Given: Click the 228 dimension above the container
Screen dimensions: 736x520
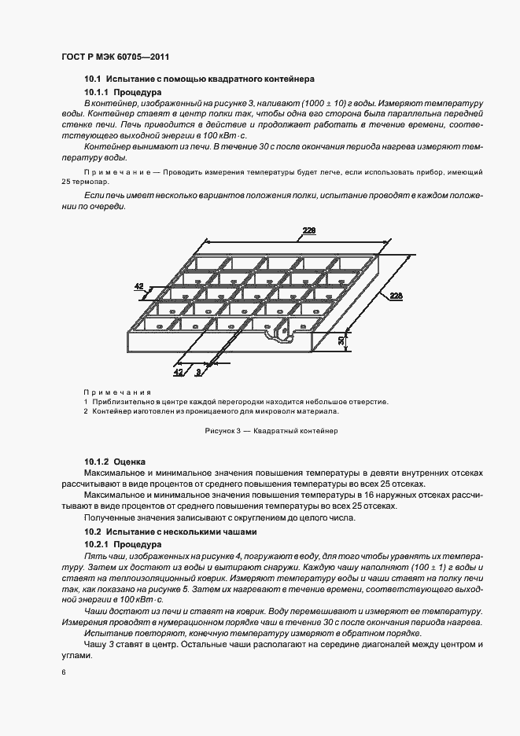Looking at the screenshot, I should [309, 230].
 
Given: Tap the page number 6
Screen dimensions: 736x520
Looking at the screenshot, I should [63, 672].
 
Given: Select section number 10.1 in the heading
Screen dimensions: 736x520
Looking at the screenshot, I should [93, 79].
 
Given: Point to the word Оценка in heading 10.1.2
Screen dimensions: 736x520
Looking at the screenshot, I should [130, 461].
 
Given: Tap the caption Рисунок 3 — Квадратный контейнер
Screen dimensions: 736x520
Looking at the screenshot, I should [270, 431].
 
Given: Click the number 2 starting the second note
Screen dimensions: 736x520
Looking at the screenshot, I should [86, 410].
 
